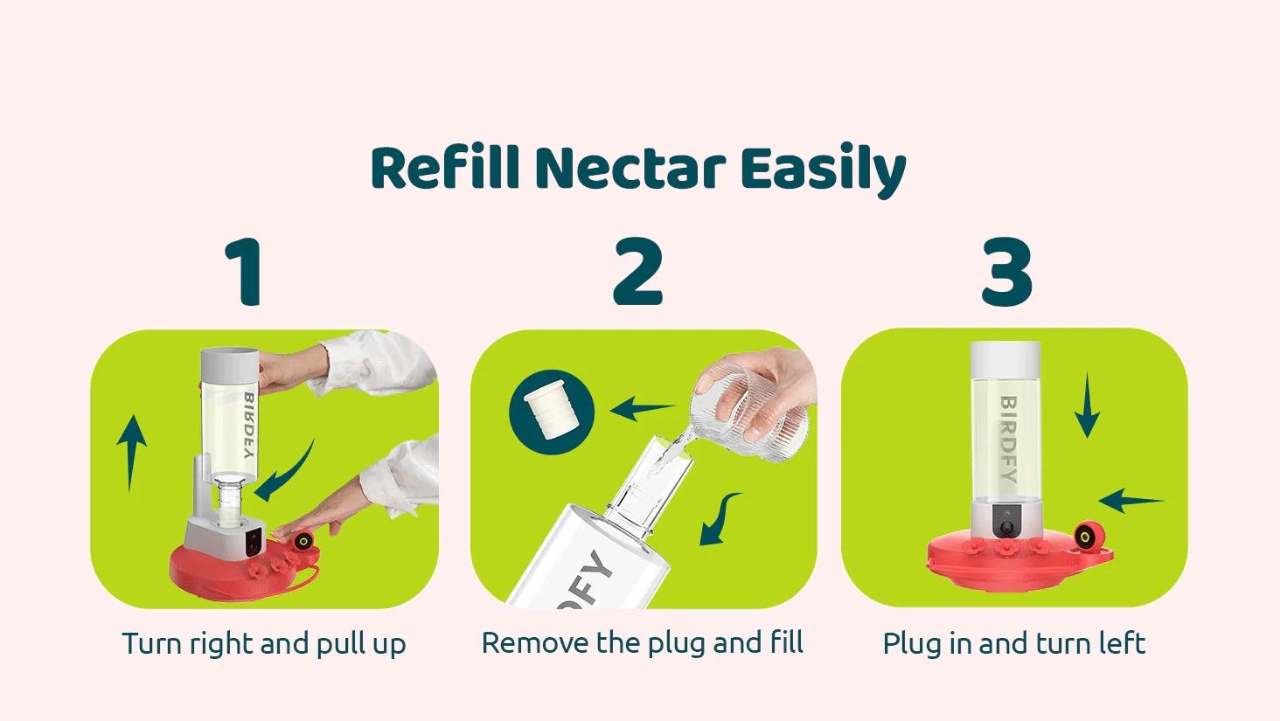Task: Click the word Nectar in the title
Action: coord(630,168)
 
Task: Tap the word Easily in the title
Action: coord(824,170)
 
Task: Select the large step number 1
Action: coord(244,272)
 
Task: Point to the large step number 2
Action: coord(637,272)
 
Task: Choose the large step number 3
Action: coord(1007,272)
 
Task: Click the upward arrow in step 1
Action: coord(131,453)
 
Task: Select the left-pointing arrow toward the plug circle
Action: coord(643,408)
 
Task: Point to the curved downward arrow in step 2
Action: coord(720,519)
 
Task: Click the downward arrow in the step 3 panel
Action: coord(1087,405)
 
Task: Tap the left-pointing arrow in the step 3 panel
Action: coord(1130,501)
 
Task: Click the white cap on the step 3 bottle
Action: coord(1005,360)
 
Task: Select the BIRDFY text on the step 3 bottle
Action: coord(1009,439)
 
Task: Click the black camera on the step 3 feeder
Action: coord(1007,521)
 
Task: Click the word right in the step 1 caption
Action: coord(222,644)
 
